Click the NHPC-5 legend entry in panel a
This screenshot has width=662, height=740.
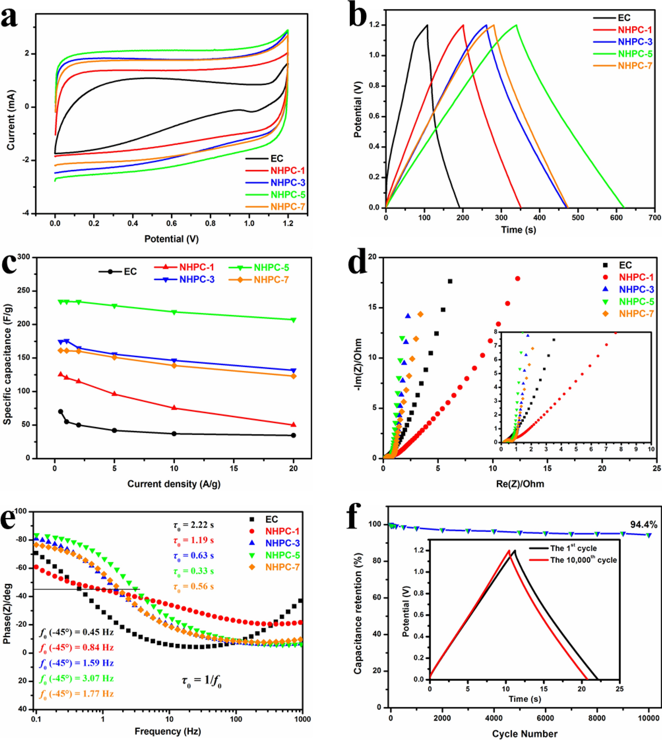pyautogui.click(x=287, y=195)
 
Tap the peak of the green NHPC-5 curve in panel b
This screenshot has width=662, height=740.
pyautogui.click(x=516, y=25)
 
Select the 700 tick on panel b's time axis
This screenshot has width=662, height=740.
pyautogui.click(x=655, y=218)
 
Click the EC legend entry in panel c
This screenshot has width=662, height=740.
pyautogui.click(x=130, y=272)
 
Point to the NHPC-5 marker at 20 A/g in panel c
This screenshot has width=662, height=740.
pyautogui.click(x=294, y=320)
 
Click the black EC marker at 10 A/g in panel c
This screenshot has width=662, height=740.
pyautogui.click(x=174, y=434)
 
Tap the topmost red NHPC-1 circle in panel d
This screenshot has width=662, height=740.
pyautogui.click(x=518, y=278)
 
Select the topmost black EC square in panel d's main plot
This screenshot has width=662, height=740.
pyautogui.click(x=450, y=281)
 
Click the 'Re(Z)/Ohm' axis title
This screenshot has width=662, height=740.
pyautogui.click(x=520, y=484)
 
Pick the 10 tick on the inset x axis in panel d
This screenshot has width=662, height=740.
pyautogui.click(x=651, y=449)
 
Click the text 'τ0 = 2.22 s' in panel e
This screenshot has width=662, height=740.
pyautogui.click(x=193, y=525)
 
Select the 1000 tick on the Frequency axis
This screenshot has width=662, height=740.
pyautogui.click(x=302, y=719)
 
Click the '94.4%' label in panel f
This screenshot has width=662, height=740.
pyautogui.click(x=643, y=525)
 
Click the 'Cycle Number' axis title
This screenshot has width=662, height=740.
pyautogui.click(x=524, y=734)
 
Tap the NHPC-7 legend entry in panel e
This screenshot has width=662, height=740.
pyautogui.click(x=282, y=567)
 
